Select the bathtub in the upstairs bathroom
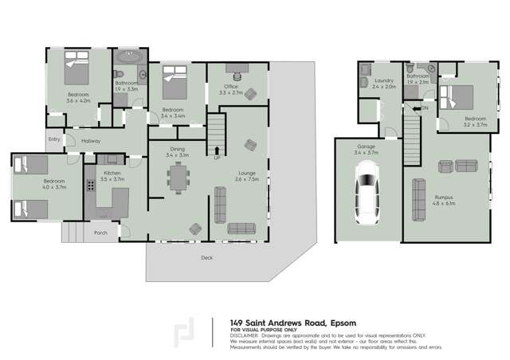coord(126,60)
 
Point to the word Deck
coord(206,257)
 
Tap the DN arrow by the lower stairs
coord(424,107)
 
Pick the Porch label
coord(100,233)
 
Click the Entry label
coord(54,139)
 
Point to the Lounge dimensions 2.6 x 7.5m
coord(246,178)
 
